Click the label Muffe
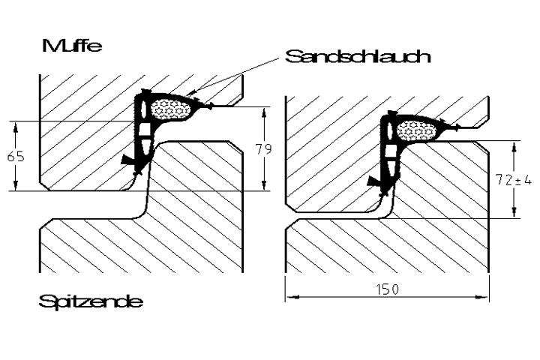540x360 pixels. point(72,46)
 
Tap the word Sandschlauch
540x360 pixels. point(358,56)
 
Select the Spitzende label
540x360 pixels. point(91,301)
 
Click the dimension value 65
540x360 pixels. point(16,157)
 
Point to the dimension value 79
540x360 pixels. point(264,149)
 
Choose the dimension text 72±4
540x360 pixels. point(514,179)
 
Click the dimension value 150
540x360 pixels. point(387,289)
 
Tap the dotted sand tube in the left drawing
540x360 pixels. point(170,109)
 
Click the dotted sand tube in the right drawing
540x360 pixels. point(417,131)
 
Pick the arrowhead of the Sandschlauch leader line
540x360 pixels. point(190,92)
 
